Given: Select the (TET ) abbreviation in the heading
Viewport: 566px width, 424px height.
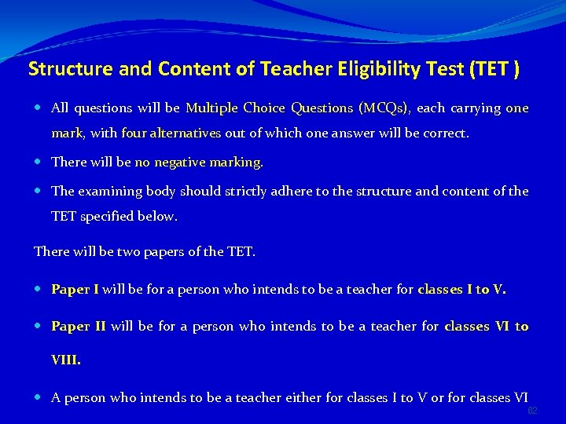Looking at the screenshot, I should [x=494, y=69].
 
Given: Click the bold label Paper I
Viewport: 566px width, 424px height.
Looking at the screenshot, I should [x=75, y=290].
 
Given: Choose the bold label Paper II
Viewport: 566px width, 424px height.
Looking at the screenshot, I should [x=78, y=327].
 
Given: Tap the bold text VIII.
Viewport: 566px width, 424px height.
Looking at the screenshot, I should [x=66, y=360].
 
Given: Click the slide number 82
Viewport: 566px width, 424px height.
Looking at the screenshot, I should [x=532, y=411].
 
